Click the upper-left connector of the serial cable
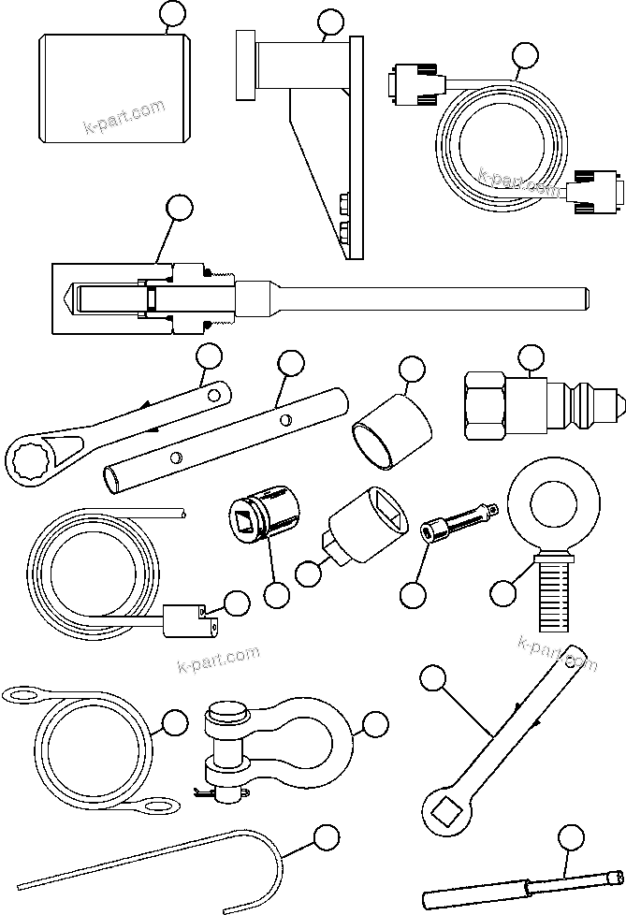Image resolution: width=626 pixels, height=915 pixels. click(x=412, y=81)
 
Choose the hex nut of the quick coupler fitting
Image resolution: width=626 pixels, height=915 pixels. click(x=487, y=405)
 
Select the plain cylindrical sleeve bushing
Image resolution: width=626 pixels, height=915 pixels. click(x=391, y=433)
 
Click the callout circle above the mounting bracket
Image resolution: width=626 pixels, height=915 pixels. click(x=330, y=23)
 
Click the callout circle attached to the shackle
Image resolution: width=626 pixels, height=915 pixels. click(x=374, y=723)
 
